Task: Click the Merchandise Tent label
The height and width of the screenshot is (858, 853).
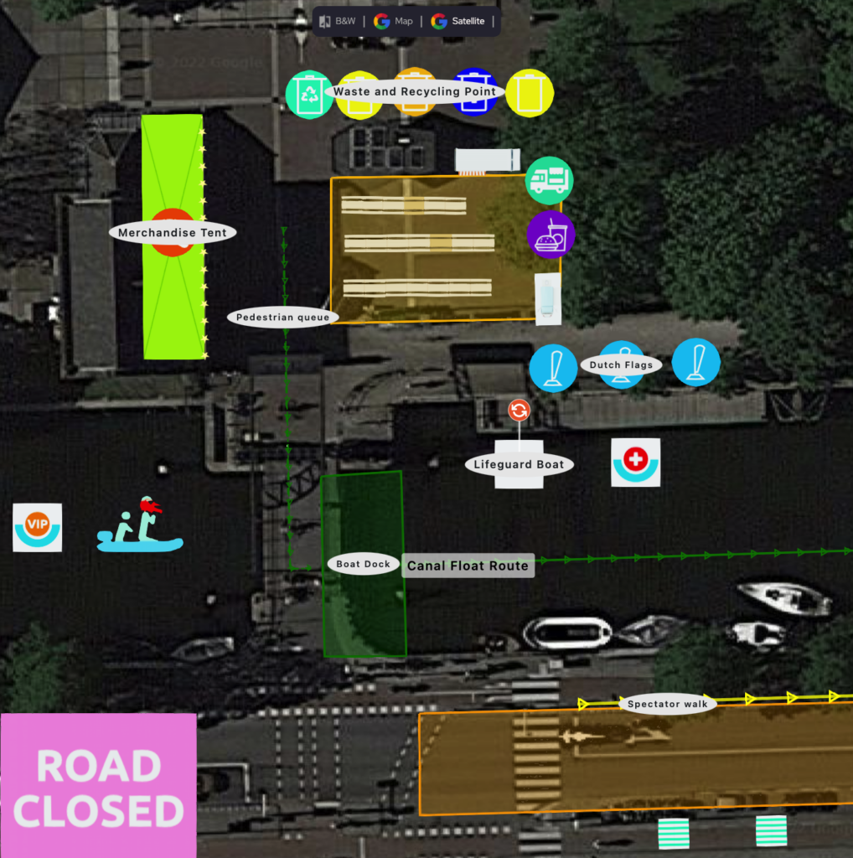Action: (x=173, y=233)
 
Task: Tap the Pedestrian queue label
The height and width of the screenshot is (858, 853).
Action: (x=282, y=317)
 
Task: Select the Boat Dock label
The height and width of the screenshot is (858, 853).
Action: (x=364, y=564)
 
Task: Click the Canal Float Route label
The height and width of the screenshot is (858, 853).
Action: (x=468, y=566)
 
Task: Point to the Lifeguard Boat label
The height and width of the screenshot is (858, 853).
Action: (x=519, y=464)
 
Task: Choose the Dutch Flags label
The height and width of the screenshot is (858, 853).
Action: (x=621, y=365)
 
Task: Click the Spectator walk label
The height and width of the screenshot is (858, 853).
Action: (x=668, y=704)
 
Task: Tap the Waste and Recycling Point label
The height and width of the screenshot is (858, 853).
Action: (x=414, y=91)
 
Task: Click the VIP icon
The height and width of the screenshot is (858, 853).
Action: (x=37, y=528)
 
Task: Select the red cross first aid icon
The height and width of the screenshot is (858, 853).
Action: (x=635, y=463)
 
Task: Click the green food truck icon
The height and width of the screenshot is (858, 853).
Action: (x=550, y=181)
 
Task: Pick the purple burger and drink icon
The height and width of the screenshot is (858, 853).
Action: (x=551, y=235)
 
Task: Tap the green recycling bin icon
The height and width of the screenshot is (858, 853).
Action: (x=309, y=95)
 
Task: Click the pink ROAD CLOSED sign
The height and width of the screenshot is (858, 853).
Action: (x=99, y=786)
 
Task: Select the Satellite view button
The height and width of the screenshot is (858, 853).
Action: (x=458, y=21)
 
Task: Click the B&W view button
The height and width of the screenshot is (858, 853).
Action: (x=338, y=21)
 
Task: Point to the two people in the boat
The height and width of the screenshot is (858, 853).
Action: (x=140, y=525)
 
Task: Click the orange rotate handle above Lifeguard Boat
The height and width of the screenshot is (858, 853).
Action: (x=519, y=410)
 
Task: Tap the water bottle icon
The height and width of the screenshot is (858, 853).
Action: (x=548, y=299)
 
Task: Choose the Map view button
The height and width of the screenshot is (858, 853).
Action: (x=393, y=21)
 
